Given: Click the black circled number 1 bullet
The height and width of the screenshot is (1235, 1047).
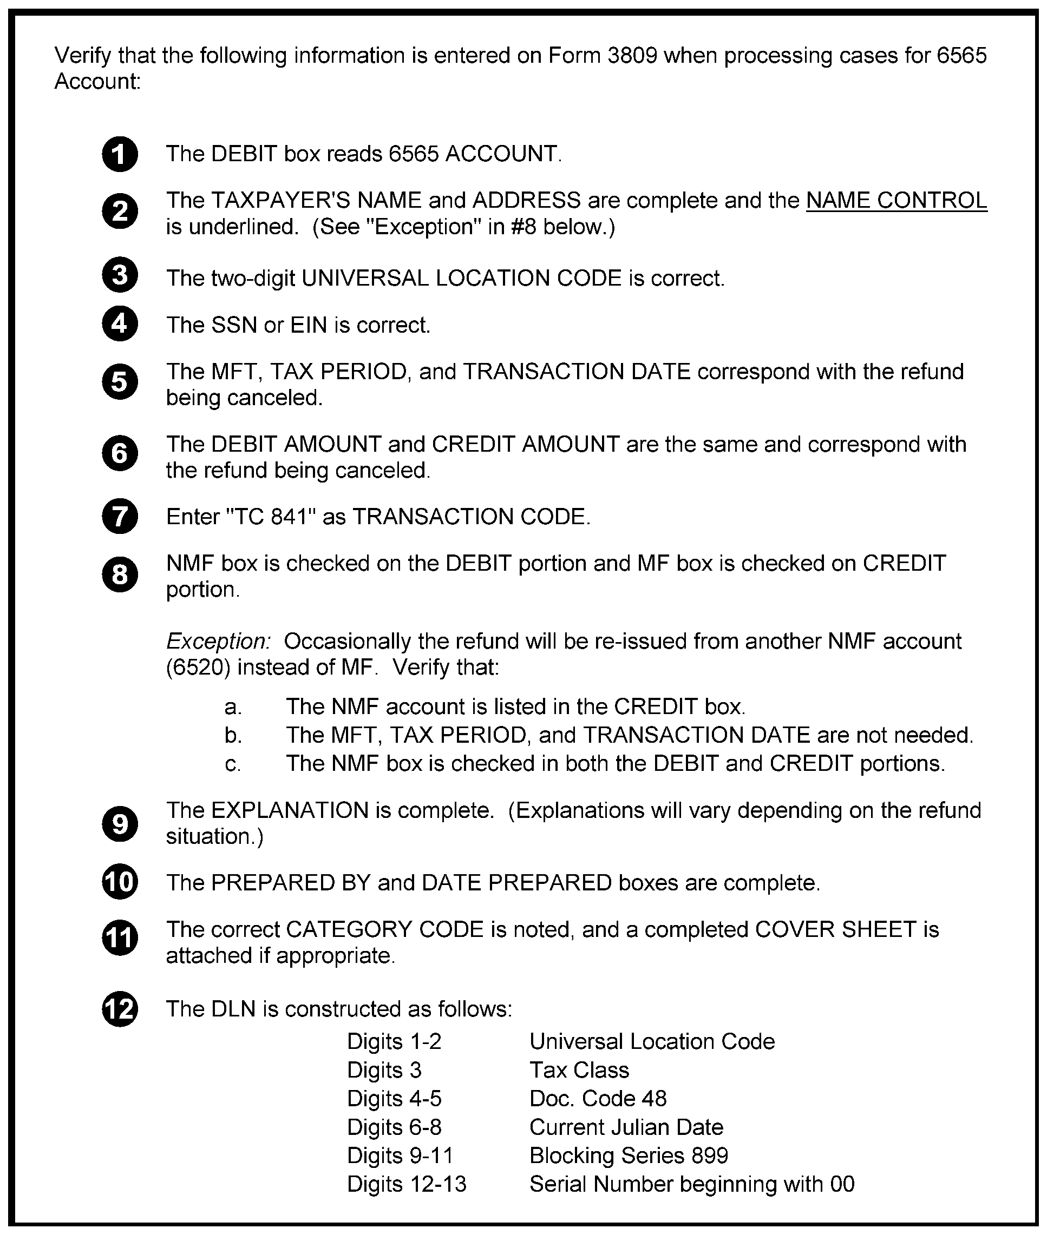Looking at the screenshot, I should click(x=120, y=154).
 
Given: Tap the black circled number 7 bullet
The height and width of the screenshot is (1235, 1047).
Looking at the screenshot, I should click(x=120, y=517).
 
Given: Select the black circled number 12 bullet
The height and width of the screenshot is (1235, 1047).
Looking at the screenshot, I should click(x=120, y=1009).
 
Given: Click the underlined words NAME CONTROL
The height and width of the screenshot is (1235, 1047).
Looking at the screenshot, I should click(x=897, y=201).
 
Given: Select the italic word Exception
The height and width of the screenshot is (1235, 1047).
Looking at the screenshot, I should click(x=218, y=641).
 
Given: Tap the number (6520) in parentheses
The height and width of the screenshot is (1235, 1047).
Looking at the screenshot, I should click(x=198, y=668).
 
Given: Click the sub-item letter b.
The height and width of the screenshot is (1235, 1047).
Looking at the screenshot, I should click(x=233, y=736).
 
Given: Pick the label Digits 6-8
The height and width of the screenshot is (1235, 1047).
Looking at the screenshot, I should click(x=394, y=1127).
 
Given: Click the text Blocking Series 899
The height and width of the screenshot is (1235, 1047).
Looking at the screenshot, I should click(x=629, y=1155).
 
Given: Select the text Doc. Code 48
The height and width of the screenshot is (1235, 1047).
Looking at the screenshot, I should click(x=598, y=1099).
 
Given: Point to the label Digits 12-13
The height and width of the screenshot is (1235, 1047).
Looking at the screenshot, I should click(x=407, y=1184).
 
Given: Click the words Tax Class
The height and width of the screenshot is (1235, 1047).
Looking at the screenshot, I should click(x=579, y=1070).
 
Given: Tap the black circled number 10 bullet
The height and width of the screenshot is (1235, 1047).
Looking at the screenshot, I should click(x=120, y=882).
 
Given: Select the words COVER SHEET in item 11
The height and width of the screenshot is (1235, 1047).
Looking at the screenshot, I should click(x=836, y=929).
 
